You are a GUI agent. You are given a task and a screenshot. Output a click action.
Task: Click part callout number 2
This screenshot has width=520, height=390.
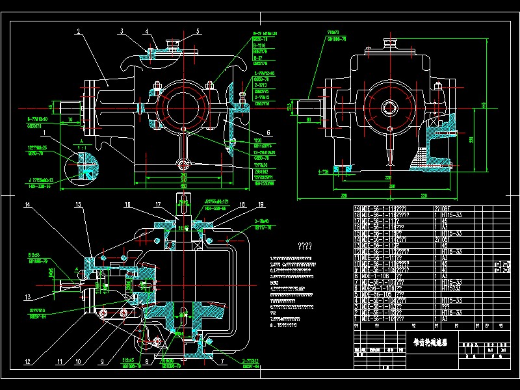(x=77, y=31)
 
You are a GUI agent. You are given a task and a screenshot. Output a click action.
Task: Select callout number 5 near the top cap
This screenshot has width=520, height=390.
(x=198, y=31)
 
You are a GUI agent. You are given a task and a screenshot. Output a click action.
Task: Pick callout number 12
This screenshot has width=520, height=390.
(x=27, y=361)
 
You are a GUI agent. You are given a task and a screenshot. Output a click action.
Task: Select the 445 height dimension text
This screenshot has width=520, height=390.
(x=500, y=104)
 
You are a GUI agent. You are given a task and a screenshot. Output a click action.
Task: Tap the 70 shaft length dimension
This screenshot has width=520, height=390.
(x=70, y=120)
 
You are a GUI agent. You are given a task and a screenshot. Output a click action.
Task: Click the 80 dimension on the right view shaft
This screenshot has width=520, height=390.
(x=308, y=120)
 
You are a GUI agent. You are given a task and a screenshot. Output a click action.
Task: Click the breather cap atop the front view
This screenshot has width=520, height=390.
(x=174, y=45)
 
